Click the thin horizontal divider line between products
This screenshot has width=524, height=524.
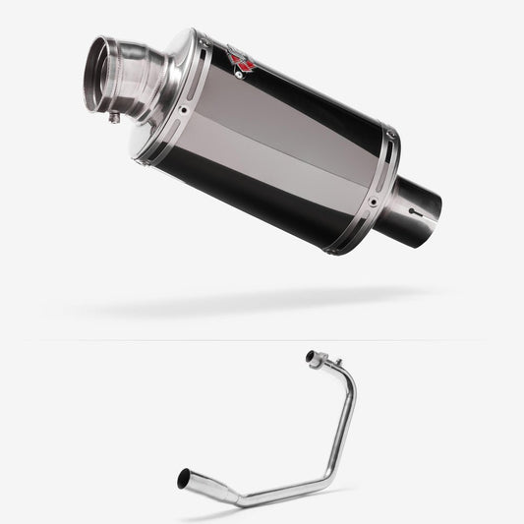tap(262, 339)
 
